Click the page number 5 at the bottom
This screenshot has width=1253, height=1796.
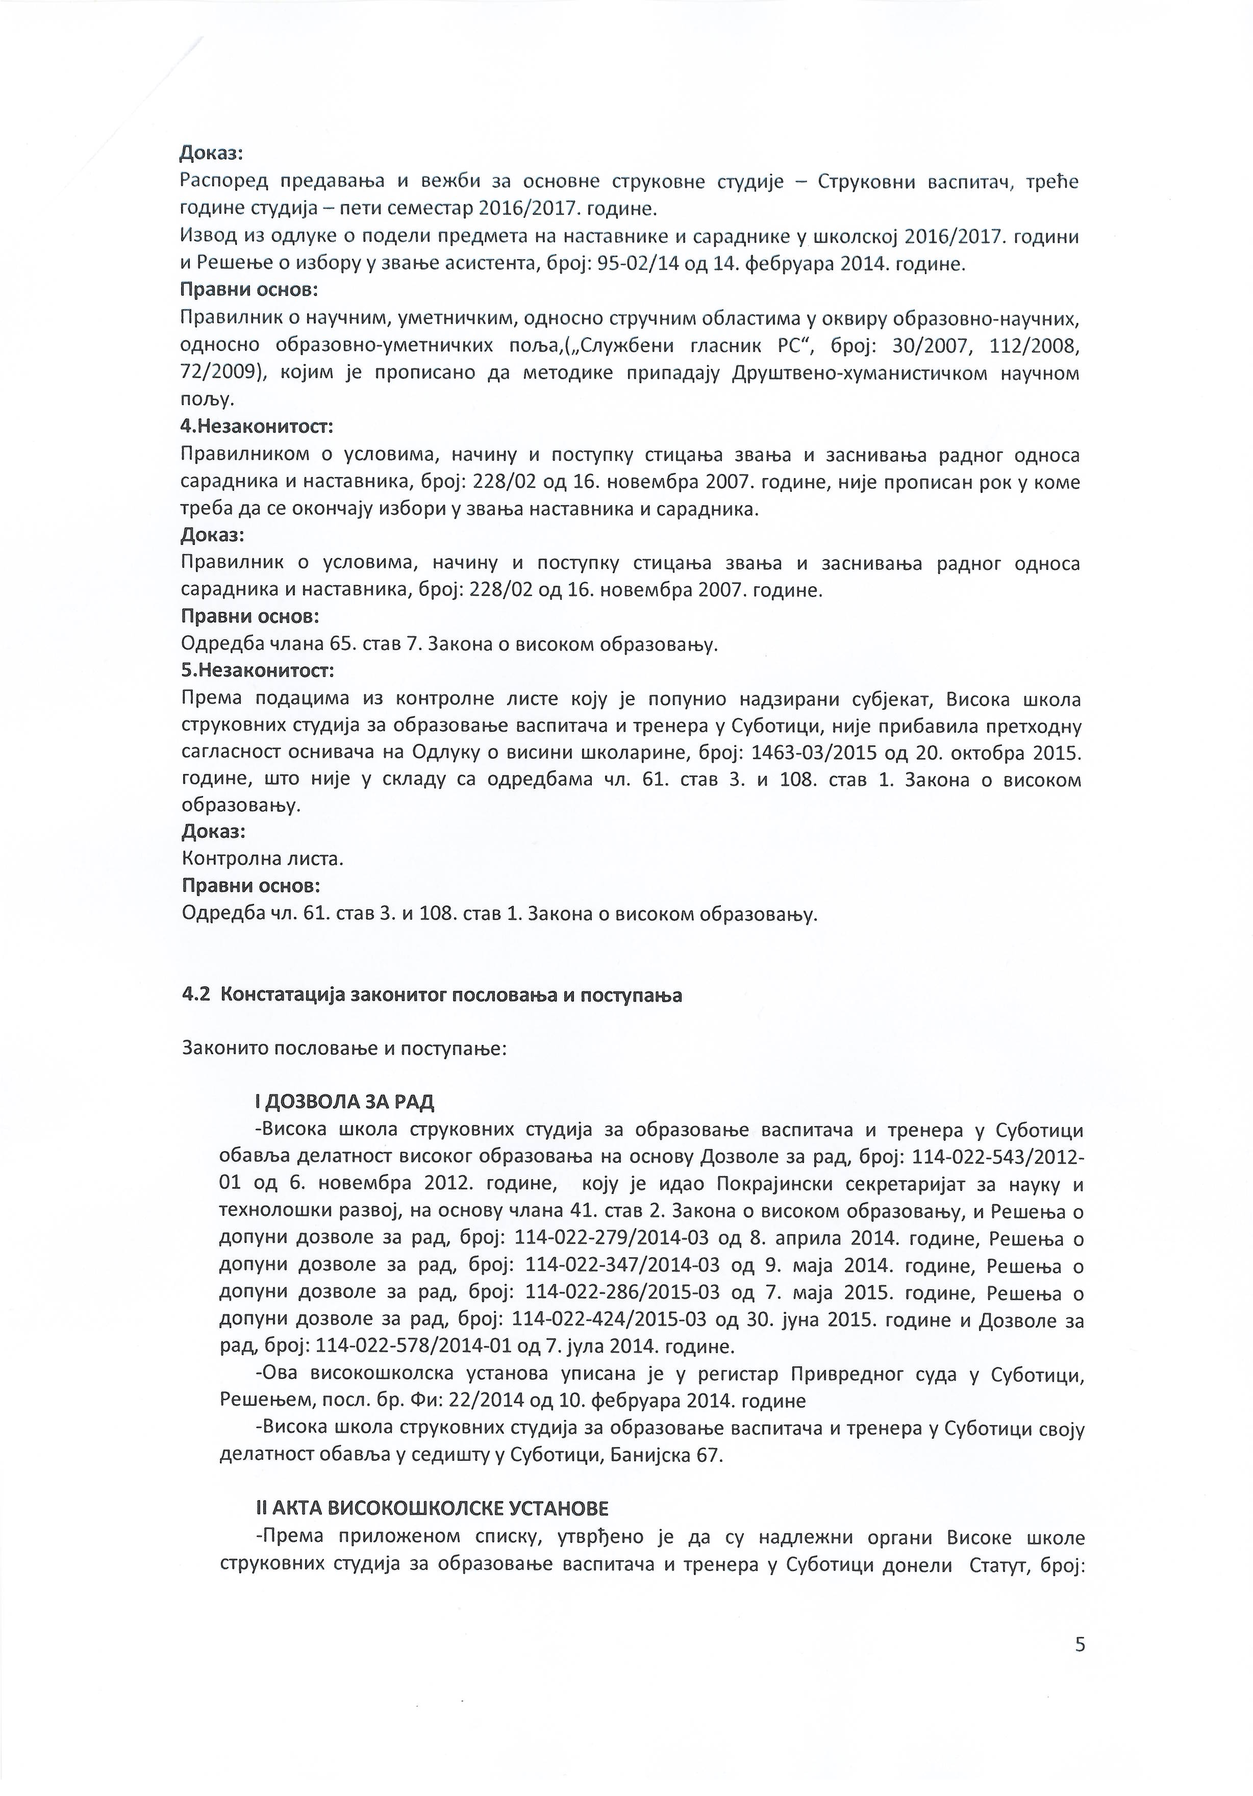1080,1645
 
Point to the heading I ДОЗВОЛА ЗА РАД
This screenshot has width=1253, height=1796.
344,1102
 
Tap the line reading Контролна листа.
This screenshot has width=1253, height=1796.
263,859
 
